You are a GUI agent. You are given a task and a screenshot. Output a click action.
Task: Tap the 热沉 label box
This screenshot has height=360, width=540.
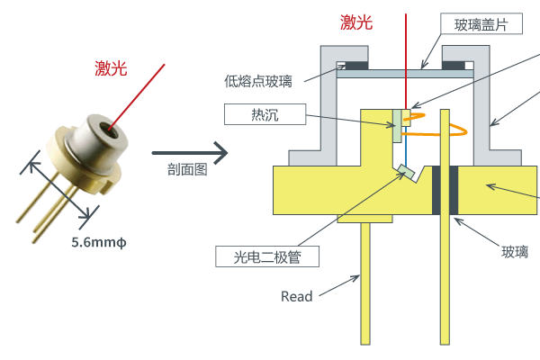266,114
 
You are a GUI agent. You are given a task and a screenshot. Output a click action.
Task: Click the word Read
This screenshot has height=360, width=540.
297,296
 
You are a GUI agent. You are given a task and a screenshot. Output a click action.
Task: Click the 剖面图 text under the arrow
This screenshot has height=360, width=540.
187,168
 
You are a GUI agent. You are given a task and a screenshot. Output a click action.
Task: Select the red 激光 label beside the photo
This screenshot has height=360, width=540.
112,67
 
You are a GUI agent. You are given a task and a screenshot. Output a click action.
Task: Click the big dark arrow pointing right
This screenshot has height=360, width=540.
189,148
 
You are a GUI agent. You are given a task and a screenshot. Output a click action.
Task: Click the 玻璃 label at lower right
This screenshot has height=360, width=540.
515,253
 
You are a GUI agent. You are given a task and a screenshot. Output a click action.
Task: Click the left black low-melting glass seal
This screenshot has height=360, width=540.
352,66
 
